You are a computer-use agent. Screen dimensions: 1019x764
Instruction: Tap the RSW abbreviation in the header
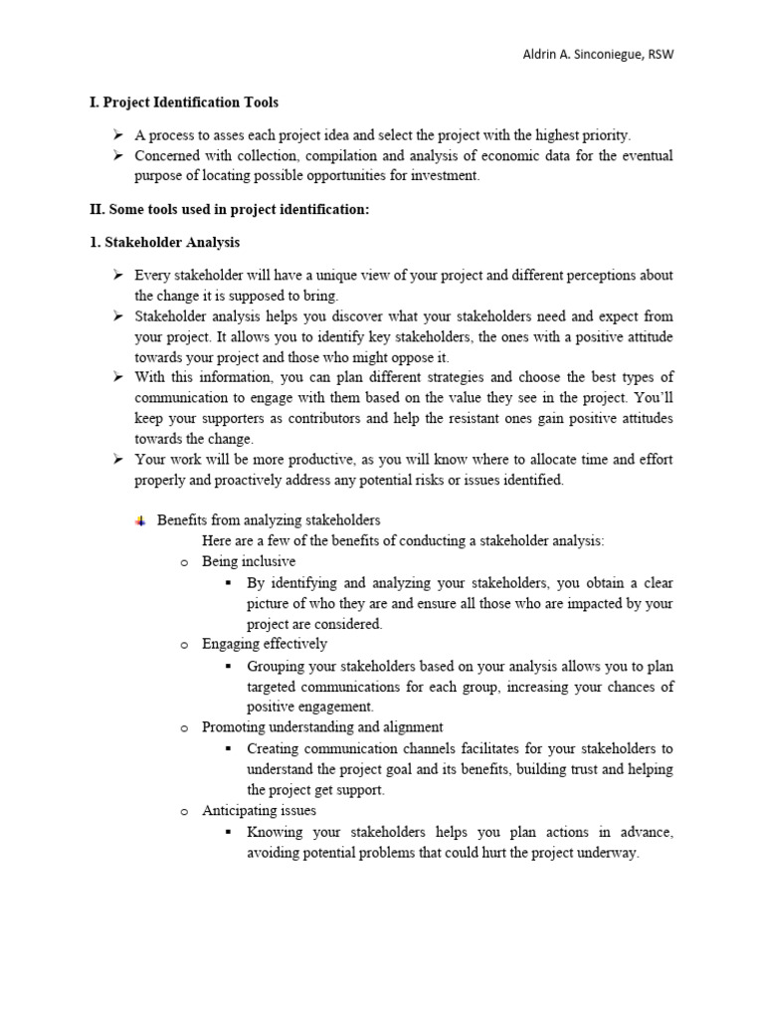659,54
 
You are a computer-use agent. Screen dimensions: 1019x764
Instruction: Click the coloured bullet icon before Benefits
139,520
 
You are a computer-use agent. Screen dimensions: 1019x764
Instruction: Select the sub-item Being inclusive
249,561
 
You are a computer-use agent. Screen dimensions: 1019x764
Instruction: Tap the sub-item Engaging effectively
265,644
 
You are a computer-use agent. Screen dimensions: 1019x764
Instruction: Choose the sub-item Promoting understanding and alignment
322,727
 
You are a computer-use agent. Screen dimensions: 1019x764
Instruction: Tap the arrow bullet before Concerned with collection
116,155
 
